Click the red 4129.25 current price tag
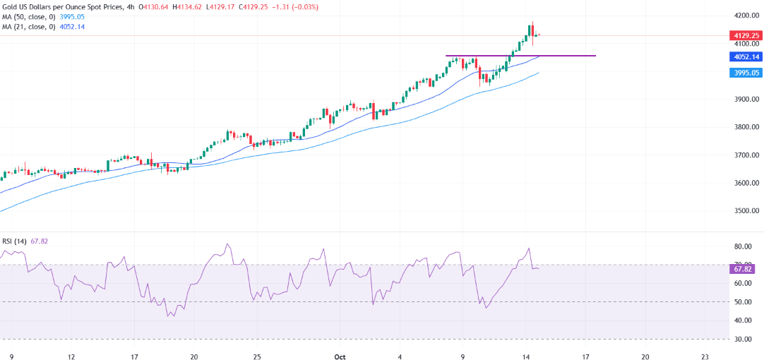(x=745, y=35)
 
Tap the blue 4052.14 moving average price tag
(x=745, y=56)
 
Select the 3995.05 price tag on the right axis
(x=745, y=73)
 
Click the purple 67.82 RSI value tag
(x=744, y=269)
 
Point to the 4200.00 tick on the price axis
(x=746, y=15)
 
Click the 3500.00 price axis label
(x=746, y=211)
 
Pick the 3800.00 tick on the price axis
(x=746, y=127)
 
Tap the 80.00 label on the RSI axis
(x=742, y=247)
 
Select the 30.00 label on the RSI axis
(x=742, y=339)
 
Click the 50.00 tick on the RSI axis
(x=742, y=302)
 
